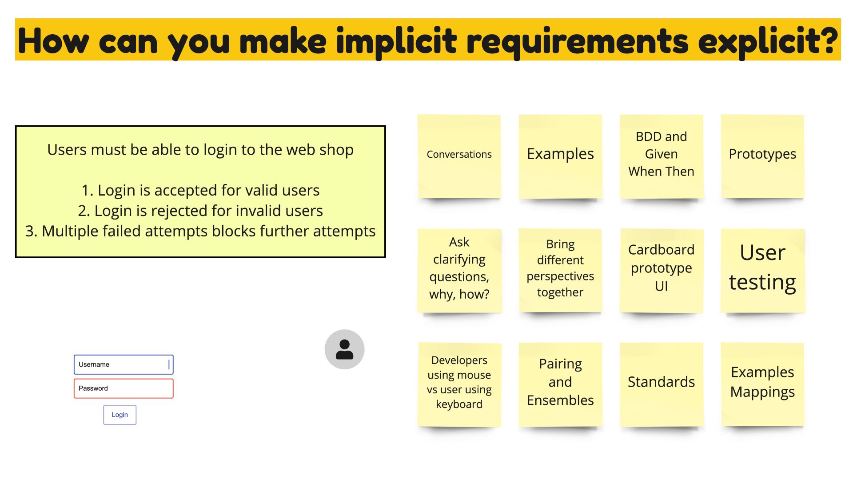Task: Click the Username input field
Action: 124,364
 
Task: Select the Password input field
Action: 124,388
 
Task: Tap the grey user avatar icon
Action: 344,349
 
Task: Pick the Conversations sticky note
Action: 459,156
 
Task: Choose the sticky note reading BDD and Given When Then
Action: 662,156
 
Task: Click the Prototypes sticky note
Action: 762,156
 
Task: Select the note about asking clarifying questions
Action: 459,270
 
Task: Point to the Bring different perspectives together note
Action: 560,270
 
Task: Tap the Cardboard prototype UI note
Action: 662,270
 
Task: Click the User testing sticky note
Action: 762,270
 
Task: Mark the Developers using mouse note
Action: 459,384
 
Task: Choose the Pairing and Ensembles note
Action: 560,384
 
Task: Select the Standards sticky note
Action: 662,384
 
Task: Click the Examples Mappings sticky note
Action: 762,384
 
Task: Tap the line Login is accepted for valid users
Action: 200,190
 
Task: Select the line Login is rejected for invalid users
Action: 200,211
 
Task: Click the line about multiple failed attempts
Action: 200,231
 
